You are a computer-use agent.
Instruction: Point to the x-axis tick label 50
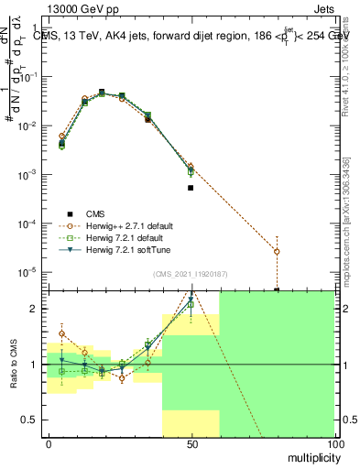click(x=191, y=444)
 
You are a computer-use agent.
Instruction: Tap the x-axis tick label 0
click(x=49, y=444)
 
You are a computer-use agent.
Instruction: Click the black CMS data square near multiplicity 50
click(x=191, y=188)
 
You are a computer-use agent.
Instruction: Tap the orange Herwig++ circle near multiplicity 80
click(x=277, y=251)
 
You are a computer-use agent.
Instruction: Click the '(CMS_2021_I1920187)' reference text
click(x=190, y=273)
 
